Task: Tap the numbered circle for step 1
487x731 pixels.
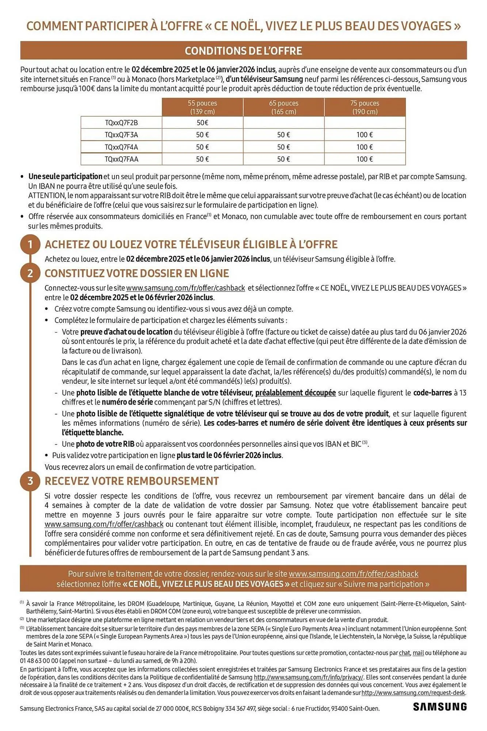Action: click(30, 244)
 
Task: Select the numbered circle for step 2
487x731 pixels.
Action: click(30, 273)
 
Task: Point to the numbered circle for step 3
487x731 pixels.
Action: click(30, 481)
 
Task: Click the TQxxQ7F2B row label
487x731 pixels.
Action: click(121, 123)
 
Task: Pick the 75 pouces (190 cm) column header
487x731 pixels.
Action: click(365, 107)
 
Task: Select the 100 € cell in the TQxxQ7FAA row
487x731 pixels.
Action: click(365, 159)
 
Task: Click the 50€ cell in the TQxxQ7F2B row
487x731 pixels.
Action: click(202, 123)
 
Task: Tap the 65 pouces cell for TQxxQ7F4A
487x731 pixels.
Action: click(284, 147)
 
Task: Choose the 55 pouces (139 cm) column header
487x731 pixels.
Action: click(202, 107)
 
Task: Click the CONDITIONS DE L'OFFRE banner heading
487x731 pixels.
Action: click(243, 51)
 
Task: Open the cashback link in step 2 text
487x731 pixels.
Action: click(186, 288)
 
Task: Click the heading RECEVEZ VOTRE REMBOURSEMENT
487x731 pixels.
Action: click(132, 481)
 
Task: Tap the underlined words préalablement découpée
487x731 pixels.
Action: click(295, 393)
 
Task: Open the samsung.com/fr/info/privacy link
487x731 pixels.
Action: click(309, 677)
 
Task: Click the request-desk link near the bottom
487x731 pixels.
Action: click(413, 692)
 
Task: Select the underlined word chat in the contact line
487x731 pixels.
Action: click(404, 653)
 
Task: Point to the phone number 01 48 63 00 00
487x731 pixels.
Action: click(39, 660)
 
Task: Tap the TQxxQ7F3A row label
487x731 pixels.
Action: click(121, 135)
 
